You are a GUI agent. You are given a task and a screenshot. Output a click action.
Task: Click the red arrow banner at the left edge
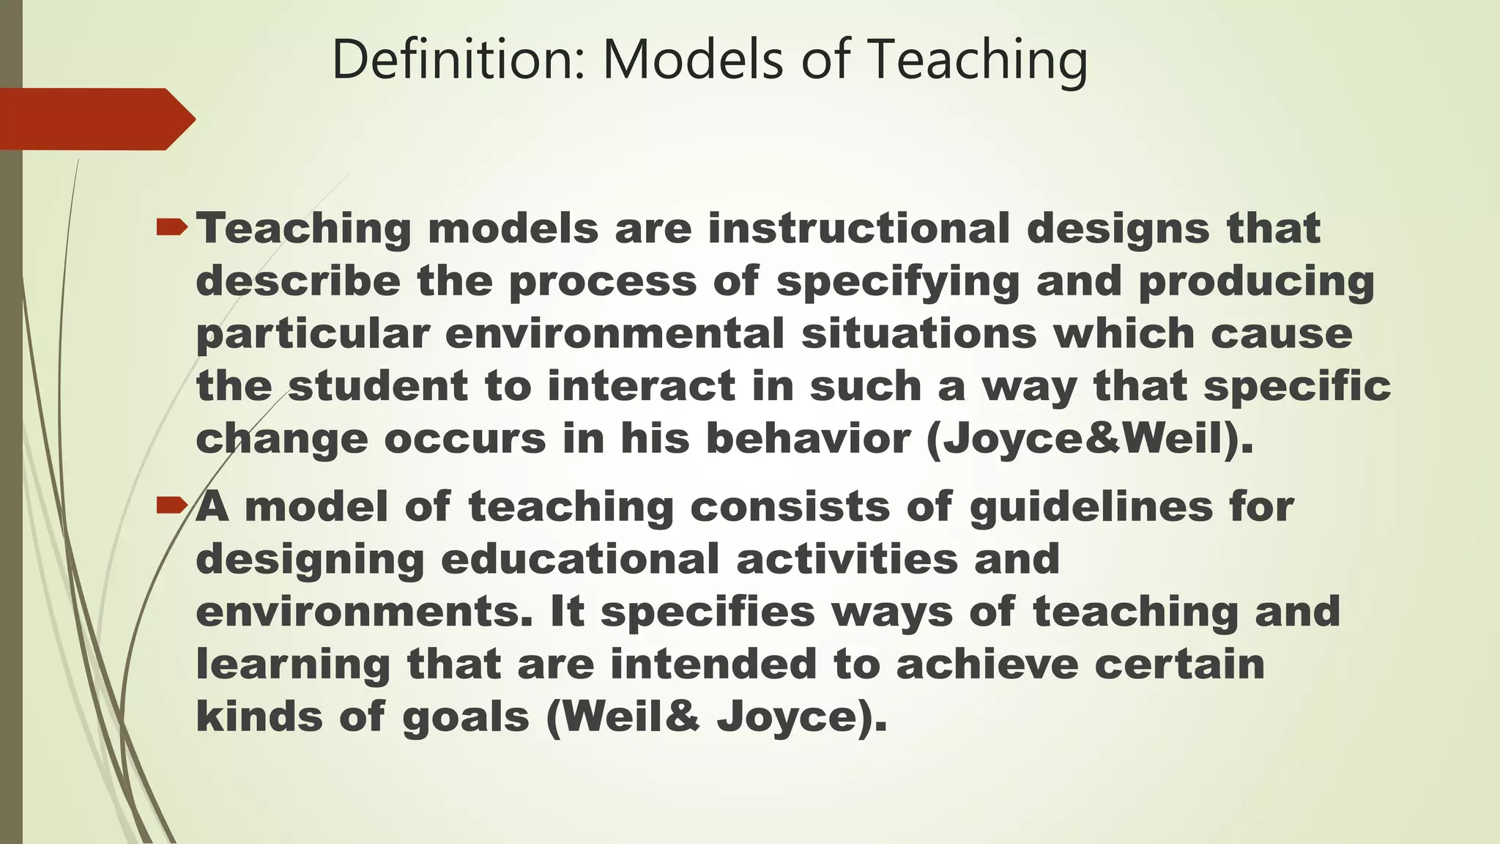coord(95,119)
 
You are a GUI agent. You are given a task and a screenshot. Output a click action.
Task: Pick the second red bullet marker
coord(173,505)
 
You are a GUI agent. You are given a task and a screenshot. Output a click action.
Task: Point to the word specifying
coord(897,282)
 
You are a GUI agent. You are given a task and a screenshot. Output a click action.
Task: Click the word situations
coord(918,333)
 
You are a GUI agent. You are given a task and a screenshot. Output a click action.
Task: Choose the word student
coord(378,386)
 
